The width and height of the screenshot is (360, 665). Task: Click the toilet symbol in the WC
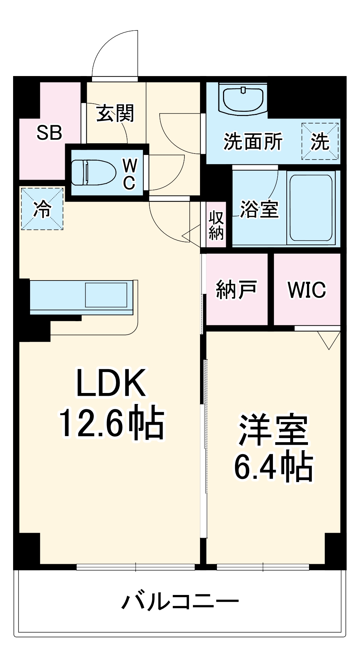pyautogui.click(x=93, y=172)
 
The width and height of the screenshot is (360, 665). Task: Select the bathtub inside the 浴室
pyautogui.click(x=311, y=208)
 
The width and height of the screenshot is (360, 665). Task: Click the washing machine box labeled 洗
pyautogui.click(x=320, y=141)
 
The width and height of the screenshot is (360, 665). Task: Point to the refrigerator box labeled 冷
pyautogui.click(x=42, y=209)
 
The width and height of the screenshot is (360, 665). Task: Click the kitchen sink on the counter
pyautogui.click(x=106, y=295)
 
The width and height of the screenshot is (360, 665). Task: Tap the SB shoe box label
pyautogui.click(x=49, y=133)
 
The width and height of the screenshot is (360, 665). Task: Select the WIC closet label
pyautogui.click(x=307, y=290)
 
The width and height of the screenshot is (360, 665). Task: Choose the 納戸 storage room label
pyautogui.click(x=236, y=290)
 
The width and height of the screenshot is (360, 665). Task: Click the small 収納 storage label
pyautogui.click(x=216, y=225)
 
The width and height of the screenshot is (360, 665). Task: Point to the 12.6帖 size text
pyautogui.click(x=111, y=424)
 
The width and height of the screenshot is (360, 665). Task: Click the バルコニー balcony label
pyautogui.click(x=180, y=602)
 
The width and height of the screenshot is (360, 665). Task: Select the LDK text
pyautogui.click(x=111, y=383)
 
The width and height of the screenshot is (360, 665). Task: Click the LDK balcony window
pyautogui.click(x=136, y=567)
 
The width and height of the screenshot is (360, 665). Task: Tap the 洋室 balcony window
pyautogui.click(x=263, y=567)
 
